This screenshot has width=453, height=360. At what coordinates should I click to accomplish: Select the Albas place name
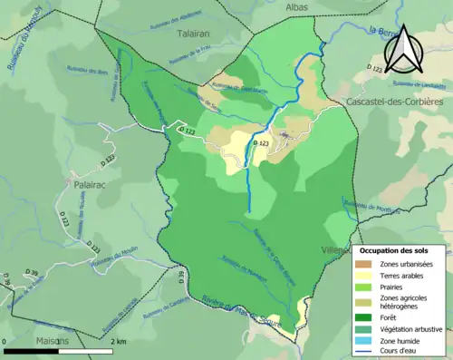click(294, 6)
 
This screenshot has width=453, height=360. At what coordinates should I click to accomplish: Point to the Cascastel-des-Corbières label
click(393, 102)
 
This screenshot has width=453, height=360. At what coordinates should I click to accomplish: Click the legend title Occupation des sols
click(395, 249)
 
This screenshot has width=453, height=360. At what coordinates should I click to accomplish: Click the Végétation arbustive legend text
click(412, 328)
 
